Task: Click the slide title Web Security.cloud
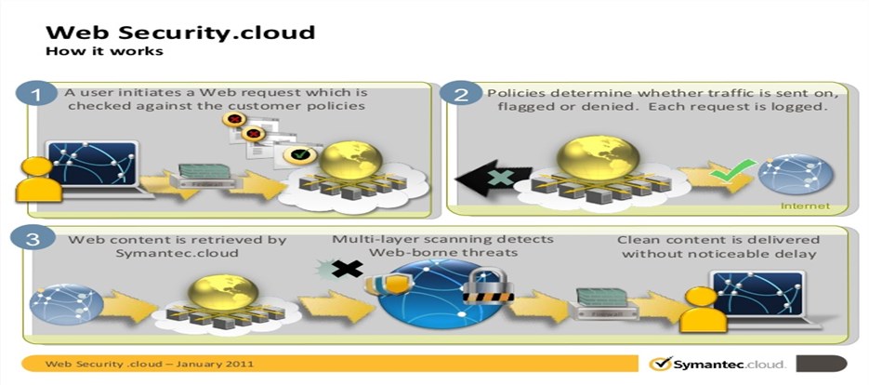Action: click(x=180, y=32)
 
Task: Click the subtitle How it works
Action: click(x=104, y=50)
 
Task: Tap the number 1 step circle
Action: click(x=35, y=96)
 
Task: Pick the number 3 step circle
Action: click(x=35, y=239)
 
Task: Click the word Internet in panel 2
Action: click(x=806, y=206)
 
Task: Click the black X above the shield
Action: click(x=348, y=269)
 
